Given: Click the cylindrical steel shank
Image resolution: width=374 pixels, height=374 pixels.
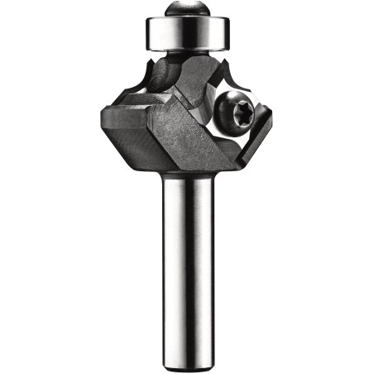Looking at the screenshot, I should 188,265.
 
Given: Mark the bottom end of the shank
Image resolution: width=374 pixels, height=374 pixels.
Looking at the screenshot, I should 188,364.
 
